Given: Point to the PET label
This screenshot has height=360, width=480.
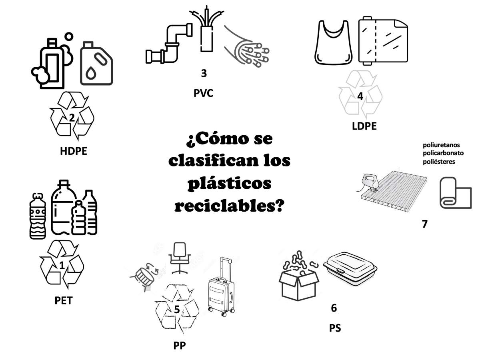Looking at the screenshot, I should [64, 300].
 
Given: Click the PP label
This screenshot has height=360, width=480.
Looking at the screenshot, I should [180, 346].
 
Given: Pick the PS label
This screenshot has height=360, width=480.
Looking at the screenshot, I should [335, 328].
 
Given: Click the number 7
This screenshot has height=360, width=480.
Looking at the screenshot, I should [424, 224].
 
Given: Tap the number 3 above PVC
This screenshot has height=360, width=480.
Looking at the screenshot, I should [204, 73].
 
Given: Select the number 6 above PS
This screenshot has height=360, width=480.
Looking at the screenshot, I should [334, 308].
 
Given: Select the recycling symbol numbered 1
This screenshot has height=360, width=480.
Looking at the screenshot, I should [62, 264].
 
